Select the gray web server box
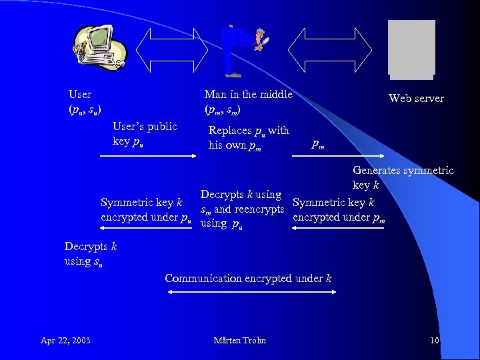click(x=411, y=47)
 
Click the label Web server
click(x=416, y=99)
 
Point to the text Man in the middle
click(x=248, y=95)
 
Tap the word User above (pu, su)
click(x=80, y=95)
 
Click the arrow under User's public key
click(x=147, y=156)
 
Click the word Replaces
click(x=230, y=131)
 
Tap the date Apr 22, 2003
click(x=65, y=341)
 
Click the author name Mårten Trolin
click(x=239, y=341)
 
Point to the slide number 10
click(x=435, y=341)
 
